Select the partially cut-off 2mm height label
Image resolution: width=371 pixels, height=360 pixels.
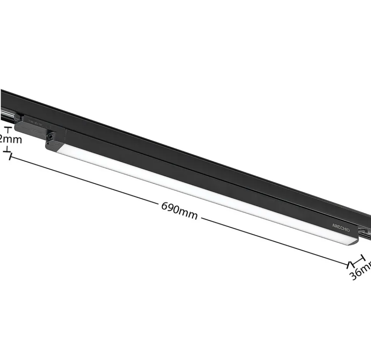[x=11, y=140]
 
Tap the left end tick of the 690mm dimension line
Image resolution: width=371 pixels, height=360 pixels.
[x=10, y=157]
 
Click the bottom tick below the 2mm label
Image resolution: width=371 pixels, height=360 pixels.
[x=7, y=151]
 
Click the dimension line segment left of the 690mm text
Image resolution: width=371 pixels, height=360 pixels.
[x=85, y=181]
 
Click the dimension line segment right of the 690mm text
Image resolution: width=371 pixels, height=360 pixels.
[x=275, y=241]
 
